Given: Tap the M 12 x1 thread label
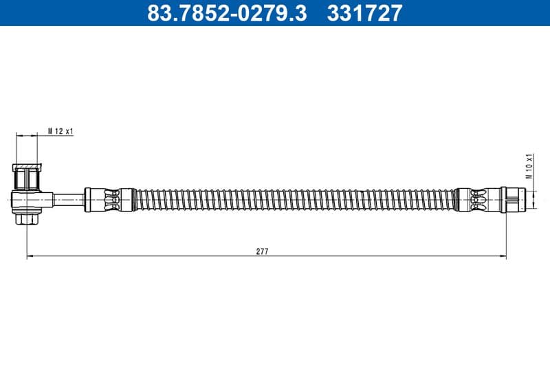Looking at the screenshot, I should [60, 131].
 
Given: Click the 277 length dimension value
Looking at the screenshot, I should [262, 251].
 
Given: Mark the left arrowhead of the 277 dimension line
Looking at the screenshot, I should [30, 258].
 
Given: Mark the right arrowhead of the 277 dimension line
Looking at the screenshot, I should [503, 258].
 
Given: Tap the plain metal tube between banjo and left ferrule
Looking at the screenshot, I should [69, 199].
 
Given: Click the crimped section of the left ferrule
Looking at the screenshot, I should [109, 199].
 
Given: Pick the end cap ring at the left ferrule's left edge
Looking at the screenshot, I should [88, 199].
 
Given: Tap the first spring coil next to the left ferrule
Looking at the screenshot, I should [137, 199].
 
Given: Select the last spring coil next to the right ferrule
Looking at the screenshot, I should [451, 199].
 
